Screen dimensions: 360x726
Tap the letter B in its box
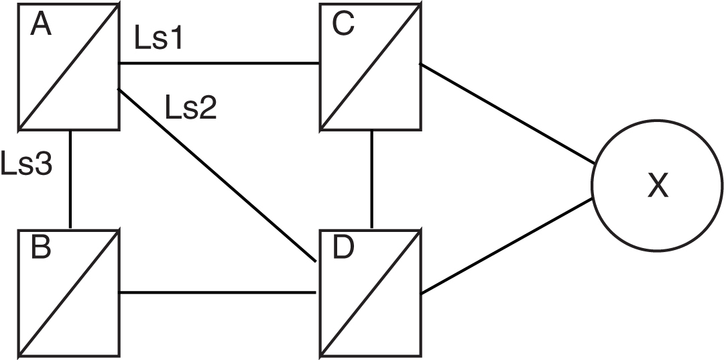point(42,249)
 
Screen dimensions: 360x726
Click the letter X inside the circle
point(658,186)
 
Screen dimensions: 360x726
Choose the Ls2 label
point(190,107)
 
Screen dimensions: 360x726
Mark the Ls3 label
point(27,165)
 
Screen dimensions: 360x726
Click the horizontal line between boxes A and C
point(219,64)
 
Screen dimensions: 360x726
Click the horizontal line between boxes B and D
point(219,292)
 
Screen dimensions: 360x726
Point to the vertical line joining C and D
point(371,178)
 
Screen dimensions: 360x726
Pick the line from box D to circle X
point(507,245)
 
